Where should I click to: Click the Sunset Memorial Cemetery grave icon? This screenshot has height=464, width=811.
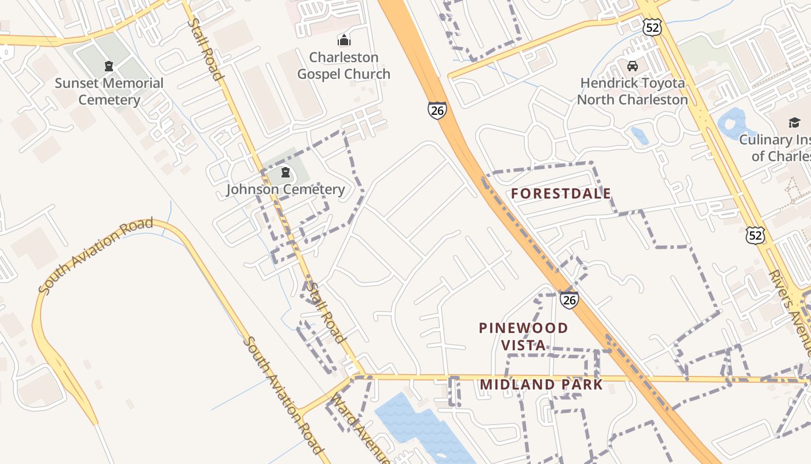[x=108, y=67]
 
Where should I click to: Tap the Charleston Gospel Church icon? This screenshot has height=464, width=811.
[x=344, y=41]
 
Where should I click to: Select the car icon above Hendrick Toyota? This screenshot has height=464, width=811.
[x=633, y=66]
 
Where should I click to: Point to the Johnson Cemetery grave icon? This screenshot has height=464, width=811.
[x=285, y=172]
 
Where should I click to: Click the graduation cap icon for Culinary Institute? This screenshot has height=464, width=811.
[x=794, y=123]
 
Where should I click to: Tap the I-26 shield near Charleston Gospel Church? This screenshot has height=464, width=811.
[x=437, y=110]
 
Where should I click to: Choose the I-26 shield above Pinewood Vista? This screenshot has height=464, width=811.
[x=569, y=299]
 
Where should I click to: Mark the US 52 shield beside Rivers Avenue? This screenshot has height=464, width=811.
[x=755, y=235]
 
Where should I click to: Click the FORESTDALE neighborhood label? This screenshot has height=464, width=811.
[x=561, y=194]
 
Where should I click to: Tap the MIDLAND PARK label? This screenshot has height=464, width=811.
[x=541, y=385]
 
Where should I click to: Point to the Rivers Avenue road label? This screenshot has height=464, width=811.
[x=790, y=310]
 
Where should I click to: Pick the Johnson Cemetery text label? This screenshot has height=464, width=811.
[x=285, y=190]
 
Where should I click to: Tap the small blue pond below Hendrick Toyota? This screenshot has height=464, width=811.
[x=640, y=136]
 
